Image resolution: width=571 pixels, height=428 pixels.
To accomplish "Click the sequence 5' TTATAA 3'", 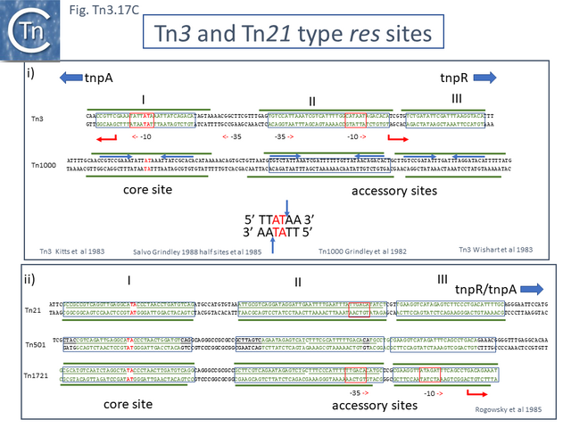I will point(286,218).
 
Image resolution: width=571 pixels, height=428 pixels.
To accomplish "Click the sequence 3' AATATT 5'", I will point(286,233).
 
